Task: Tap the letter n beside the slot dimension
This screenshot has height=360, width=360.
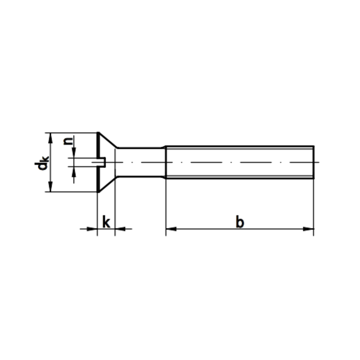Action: point(68,141)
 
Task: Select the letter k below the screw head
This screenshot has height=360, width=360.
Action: point(106,222)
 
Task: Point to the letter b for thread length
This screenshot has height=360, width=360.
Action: point(239,222)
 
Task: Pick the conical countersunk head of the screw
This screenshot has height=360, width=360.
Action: point(106,162)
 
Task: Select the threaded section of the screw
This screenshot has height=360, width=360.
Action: point(240,162)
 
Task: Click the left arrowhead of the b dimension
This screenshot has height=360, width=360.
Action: point(170,228)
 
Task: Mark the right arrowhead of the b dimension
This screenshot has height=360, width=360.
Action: point(310,228)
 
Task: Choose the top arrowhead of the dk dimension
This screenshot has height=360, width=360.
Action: point(50,136)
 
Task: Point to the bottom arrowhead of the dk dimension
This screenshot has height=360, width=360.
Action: point(50,189)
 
